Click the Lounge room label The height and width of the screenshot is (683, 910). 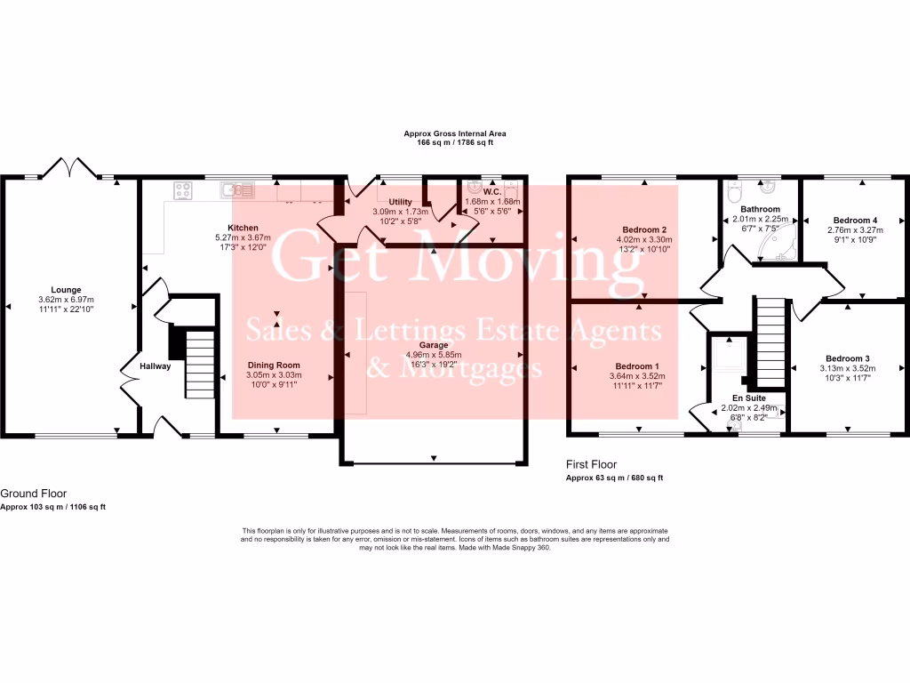pos(66,289)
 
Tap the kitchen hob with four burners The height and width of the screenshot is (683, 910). pos(185,189)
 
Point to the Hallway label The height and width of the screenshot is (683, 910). pos(154,366)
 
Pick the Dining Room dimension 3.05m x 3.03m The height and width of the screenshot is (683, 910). pos(273,375)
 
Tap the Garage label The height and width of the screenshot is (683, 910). pos(433,344)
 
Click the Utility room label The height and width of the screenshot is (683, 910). pos(400,202)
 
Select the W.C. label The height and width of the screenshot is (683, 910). pos(491,191)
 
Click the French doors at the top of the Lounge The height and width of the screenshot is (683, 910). pos(68,168)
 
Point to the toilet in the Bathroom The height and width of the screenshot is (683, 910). pos(732,190)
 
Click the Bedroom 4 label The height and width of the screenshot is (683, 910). pos(855,220)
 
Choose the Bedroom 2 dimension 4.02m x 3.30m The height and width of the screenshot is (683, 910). pos(642,240)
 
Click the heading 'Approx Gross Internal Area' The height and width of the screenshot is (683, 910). pos(455,133)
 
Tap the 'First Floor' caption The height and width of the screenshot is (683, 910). pos(591,464)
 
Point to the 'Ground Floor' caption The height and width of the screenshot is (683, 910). pos(33,493)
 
